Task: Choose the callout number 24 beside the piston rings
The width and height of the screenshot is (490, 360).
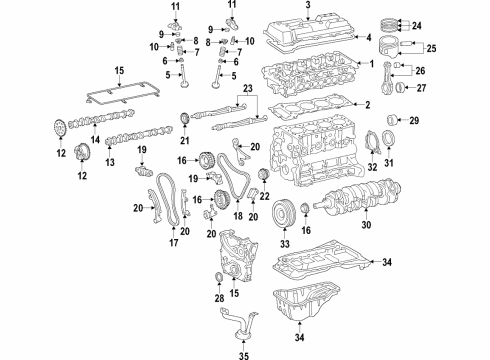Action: point(446,26)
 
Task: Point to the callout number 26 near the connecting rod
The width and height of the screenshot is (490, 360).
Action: point(447,70)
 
